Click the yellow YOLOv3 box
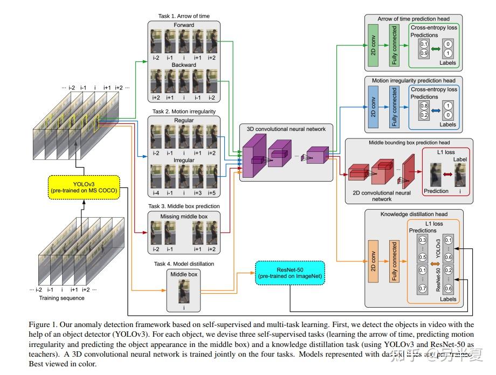(x=84, y=188)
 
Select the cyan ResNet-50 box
(x=292, y=273)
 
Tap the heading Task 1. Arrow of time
(x=183, y=17)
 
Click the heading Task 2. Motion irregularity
(x=183, y=112)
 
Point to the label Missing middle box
(x=183, y=217)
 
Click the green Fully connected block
(x=394, y=45)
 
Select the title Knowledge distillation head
(x=414, y=214)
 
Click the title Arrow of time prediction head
(x=414, y=19)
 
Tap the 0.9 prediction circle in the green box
(x=424, y=53)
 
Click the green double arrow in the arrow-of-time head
(x=436, y=48)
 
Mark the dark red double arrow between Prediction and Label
(x=446, y=173)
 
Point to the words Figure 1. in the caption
(x=44, y=324)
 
